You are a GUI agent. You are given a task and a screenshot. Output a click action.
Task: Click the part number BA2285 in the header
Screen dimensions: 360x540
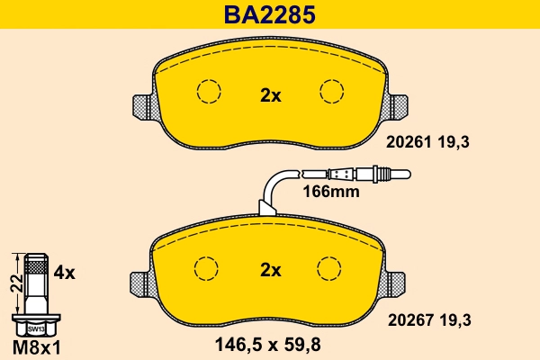pyautogui.click(x=270, y=14)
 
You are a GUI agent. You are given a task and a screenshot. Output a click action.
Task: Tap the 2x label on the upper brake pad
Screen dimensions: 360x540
pyautogui.click(x=271, y=95)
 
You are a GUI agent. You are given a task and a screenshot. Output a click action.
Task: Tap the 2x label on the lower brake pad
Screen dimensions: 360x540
pyautogui.click(x=271, y=269)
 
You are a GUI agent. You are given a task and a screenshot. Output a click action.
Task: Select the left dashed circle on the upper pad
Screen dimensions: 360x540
pyautogui.click(x=209, y=92)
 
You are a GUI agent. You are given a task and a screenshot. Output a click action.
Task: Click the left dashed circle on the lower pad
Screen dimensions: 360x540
pyautogui.click(x=208, y=267)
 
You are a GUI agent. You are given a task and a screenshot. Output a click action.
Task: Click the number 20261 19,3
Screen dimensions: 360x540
pyautogui.click(x=428, y=141)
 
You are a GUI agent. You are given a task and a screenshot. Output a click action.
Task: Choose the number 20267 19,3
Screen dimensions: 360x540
pyautogui.click(x=428, y=319)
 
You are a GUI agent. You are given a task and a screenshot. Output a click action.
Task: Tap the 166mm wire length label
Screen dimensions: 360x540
pyautogui.click(x=330, y=191)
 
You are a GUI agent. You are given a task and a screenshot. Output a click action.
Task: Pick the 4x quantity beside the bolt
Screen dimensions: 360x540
pyautogui.click(x=65, y=271)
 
